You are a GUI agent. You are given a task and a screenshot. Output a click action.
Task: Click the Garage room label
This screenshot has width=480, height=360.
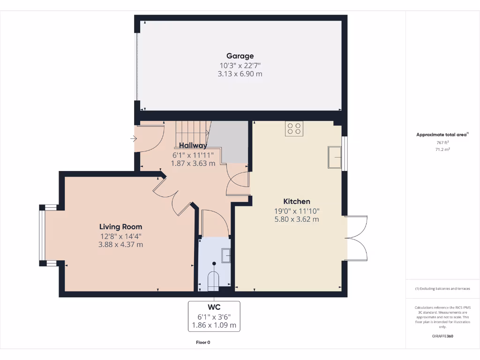click(240, 56)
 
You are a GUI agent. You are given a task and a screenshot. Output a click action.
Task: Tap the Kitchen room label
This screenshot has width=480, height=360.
click(296, 202)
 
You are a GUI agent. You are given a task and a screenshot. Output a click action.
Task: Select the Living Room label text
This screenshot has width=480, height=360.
click(120, 226)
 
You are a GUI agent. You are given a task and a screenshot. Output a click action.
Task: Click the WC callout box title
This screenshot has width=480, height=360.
click(214, 307)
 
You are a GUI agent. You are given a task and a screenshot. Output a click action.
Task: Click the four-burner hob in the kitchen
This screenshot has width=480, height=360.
click(294, 129)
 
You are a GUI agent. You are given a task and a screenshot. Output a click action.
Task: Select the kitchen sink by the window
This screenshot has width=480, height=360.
click(335, 157)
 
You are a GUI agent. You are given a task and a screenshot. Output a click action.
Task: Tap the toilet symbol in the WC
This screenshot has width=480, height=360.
click(214, 278)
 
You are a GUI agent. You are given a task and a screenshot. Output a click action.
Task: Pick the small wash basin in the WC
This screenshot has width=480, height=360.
click(226, 255)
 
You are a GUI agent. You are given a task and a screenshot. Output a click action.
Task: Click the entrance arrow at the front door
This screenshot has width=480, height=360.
click(134, 139)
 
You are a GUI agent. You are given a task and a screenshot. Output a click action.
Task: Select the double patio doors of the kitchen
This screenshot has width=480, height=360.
click(356, 238)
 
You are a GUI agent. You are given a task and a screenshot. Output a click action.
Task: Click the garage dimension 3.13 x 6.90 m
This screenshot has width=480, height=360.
click(240, 74)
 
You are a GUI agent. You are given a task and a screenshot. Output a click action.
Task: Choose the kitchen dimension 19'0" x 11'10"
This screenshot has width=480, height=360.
click(296, 211)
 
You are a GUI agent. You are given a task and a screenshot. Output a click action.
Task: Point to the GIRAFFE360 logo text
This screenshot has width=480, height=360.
click(442, 336)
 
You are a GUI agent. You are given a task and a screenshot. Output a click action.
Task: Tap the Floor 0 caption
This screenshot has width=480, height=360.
click(203, 343)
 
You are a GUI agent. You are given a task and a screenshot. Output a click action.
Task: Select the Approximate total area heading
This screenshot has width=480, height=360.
click(442, 135)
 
